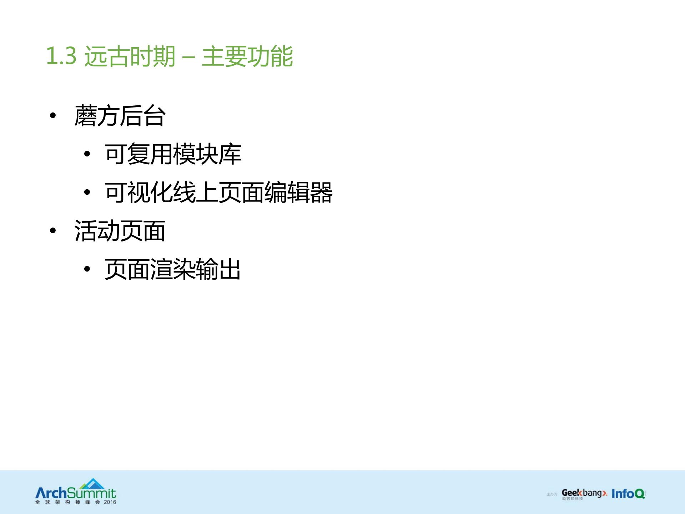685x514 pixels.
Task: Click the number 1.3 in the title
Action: (x=61, y=56)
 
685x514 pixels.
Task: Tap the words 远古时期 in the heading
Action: (x=130, y=56)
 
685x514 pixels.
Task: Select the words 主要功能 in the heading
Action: (x=247, y=56)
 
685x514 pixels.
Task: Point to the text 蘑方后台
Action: (x=120, y=116)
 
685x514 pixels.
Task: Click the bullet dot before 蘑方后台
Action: (x=53, y=115)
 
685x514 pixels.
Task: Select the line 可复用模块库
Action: (x=173, y=154)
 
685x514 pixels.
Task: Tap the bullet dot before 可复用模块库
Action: (x=87, y=154)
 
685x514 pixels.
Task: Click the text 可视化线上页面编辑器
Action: (x=218, y=193)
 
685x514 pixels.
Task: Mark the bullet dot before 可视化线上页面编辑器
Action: (x=87, y=192)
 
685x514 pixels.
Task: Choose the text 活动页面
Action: (x=120, y=231)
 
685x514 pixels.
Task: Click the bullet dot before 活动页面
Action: (x=53, y=230)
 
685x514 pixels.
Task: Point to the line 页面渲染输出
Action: (x=173, y=269)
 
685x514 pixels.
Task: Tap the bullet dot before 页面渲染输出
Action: (x=87, y=269)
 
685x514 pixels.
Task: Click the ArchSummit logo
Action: (x=76, y=493)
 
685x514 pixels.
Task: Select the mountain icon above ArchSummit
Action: (x=92, y=484)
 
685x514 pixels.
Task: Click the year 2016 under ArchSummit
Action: (x=110, y=502)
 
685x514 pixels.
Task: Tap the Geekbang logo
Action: (x=584, y=494)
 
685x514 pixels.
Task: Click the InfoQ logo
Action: (x=628, y=494)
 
